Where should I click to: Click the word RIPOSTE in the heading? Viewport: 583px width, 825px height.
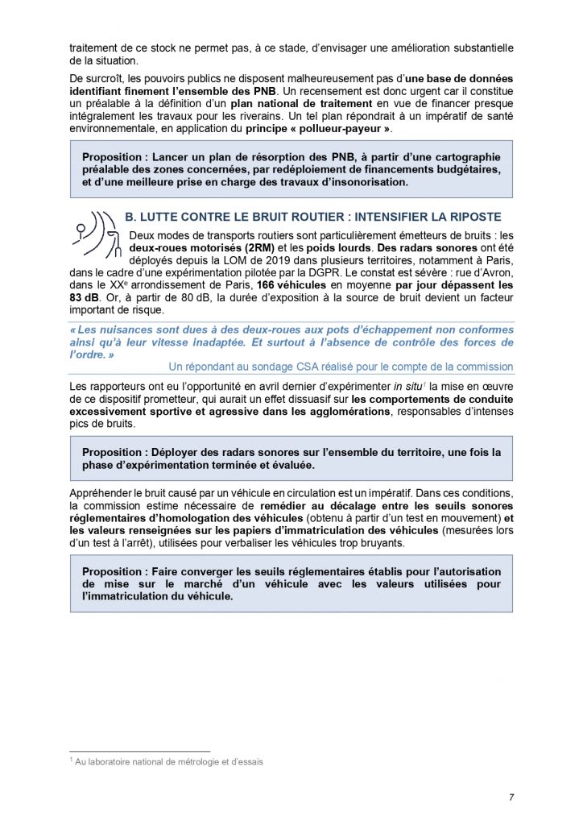pos(470,218)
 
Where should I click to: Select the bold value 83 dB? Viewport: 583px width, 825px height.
pos(85,298)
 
